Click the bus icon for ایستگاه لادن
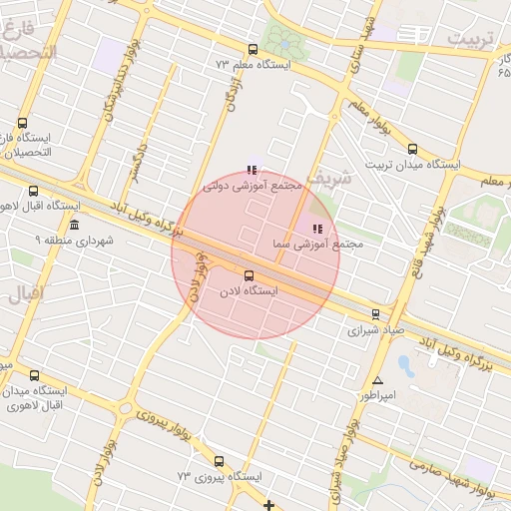249,275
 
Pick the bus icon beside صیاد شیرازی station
375,313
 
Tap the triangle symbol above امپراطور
377,380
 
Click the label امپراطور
378,395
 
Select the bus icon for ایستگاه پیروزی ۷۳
219,461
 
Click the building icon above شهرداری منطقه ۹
75,225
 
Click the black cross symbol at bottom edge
268,506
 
